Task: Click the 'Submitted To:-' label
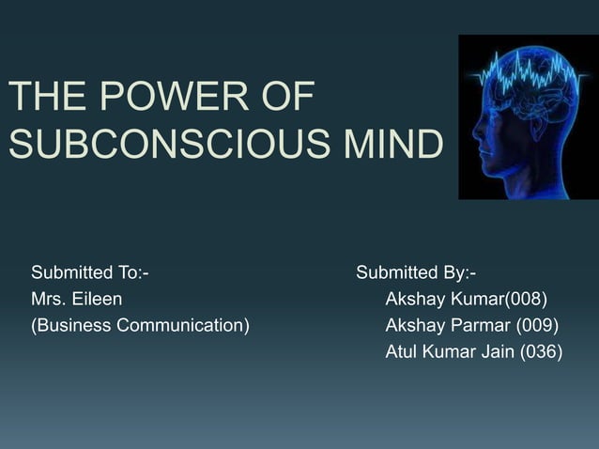tap(90, 273)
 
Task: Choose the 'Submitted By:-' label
tap(416, 273)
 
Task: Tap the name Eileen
tap(97, 300)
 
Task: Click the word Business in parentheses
tap(76, 326)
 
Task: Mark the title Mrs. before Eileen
tap(48, 300)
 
